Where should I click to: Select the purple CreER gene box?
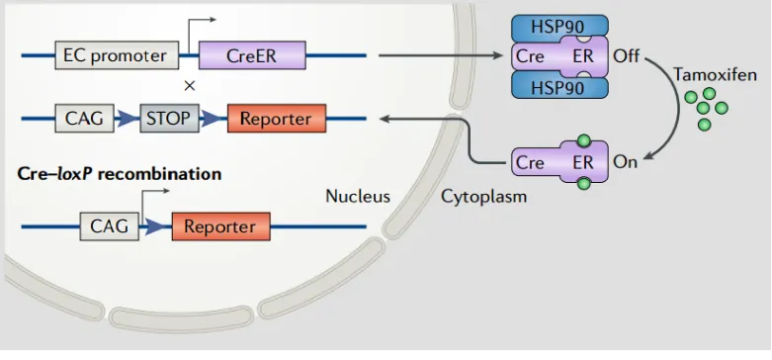coord(251,55)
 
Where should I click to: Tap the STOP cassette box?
coord(169,120)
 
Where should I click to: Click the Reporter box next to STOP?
coord(275,120)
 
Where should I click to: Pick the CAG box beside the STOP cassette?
coord(84,120)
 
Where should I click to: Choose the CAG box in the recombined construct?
coord(109,226)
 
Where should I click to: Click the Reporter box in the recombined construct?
coord(219,226)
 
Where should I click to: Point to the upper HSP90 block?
coord(560,27)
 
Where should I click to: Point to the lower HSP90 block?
coord(560,87)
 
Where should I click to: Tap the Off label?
coord(627,56)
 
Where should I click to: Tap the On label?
coord(626,162)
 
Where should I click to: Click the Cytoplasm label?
coord(483,197)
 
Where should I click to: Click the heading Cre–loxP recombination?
coord(120,173)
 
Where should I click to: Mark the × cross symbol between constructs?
coord(190,86)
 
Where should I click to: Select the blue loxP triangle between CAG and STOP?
coord(127,120)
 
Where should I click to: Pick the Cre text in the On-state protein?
coord(530,162)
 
